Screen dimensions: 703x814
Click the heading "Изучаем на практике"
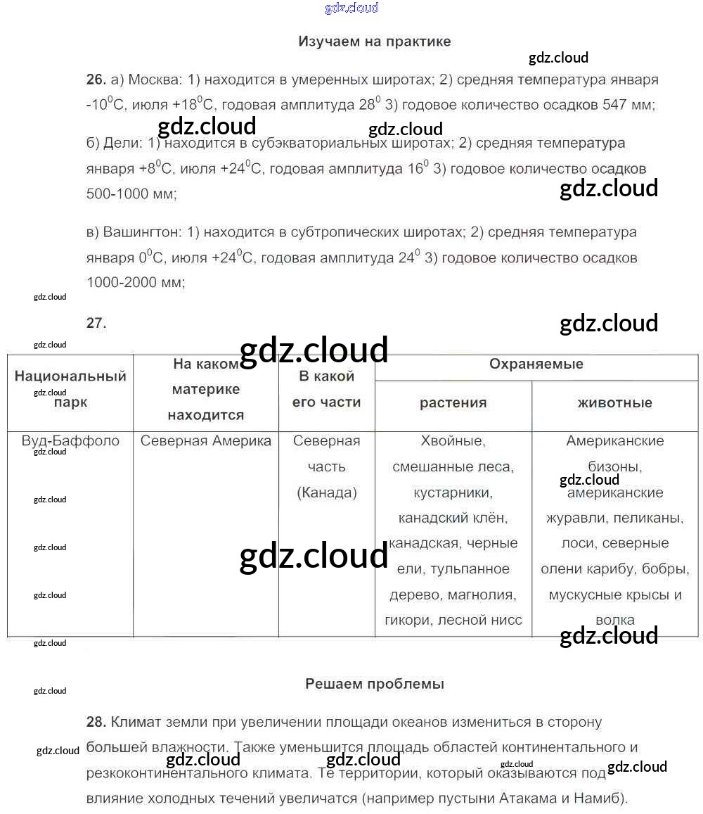[374, 42]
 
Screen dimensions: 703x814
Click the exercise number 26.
[96, 80]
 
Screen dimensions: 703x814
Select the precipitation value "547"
[616, 106]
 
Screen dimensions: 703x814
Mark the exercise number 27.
[96, 324]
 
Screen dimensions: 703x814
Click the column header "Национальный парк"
[70, 389]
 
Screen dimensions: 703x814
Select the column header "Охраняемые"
[536, 364]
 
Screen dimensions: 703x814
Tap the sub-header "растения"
[453, 403]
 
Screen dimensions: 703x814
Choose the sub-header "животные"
[614, 403]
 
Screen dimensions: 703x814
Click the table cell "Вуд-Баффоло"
[70, 441]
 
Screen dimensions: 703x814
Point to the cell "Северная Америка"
[205, 441]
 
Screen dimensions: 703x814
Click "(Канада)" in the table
[327, 492]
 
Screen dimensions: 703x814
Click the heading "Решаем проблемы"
[374, 684]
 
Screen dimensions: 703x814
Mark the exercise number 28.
[96, 722]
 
